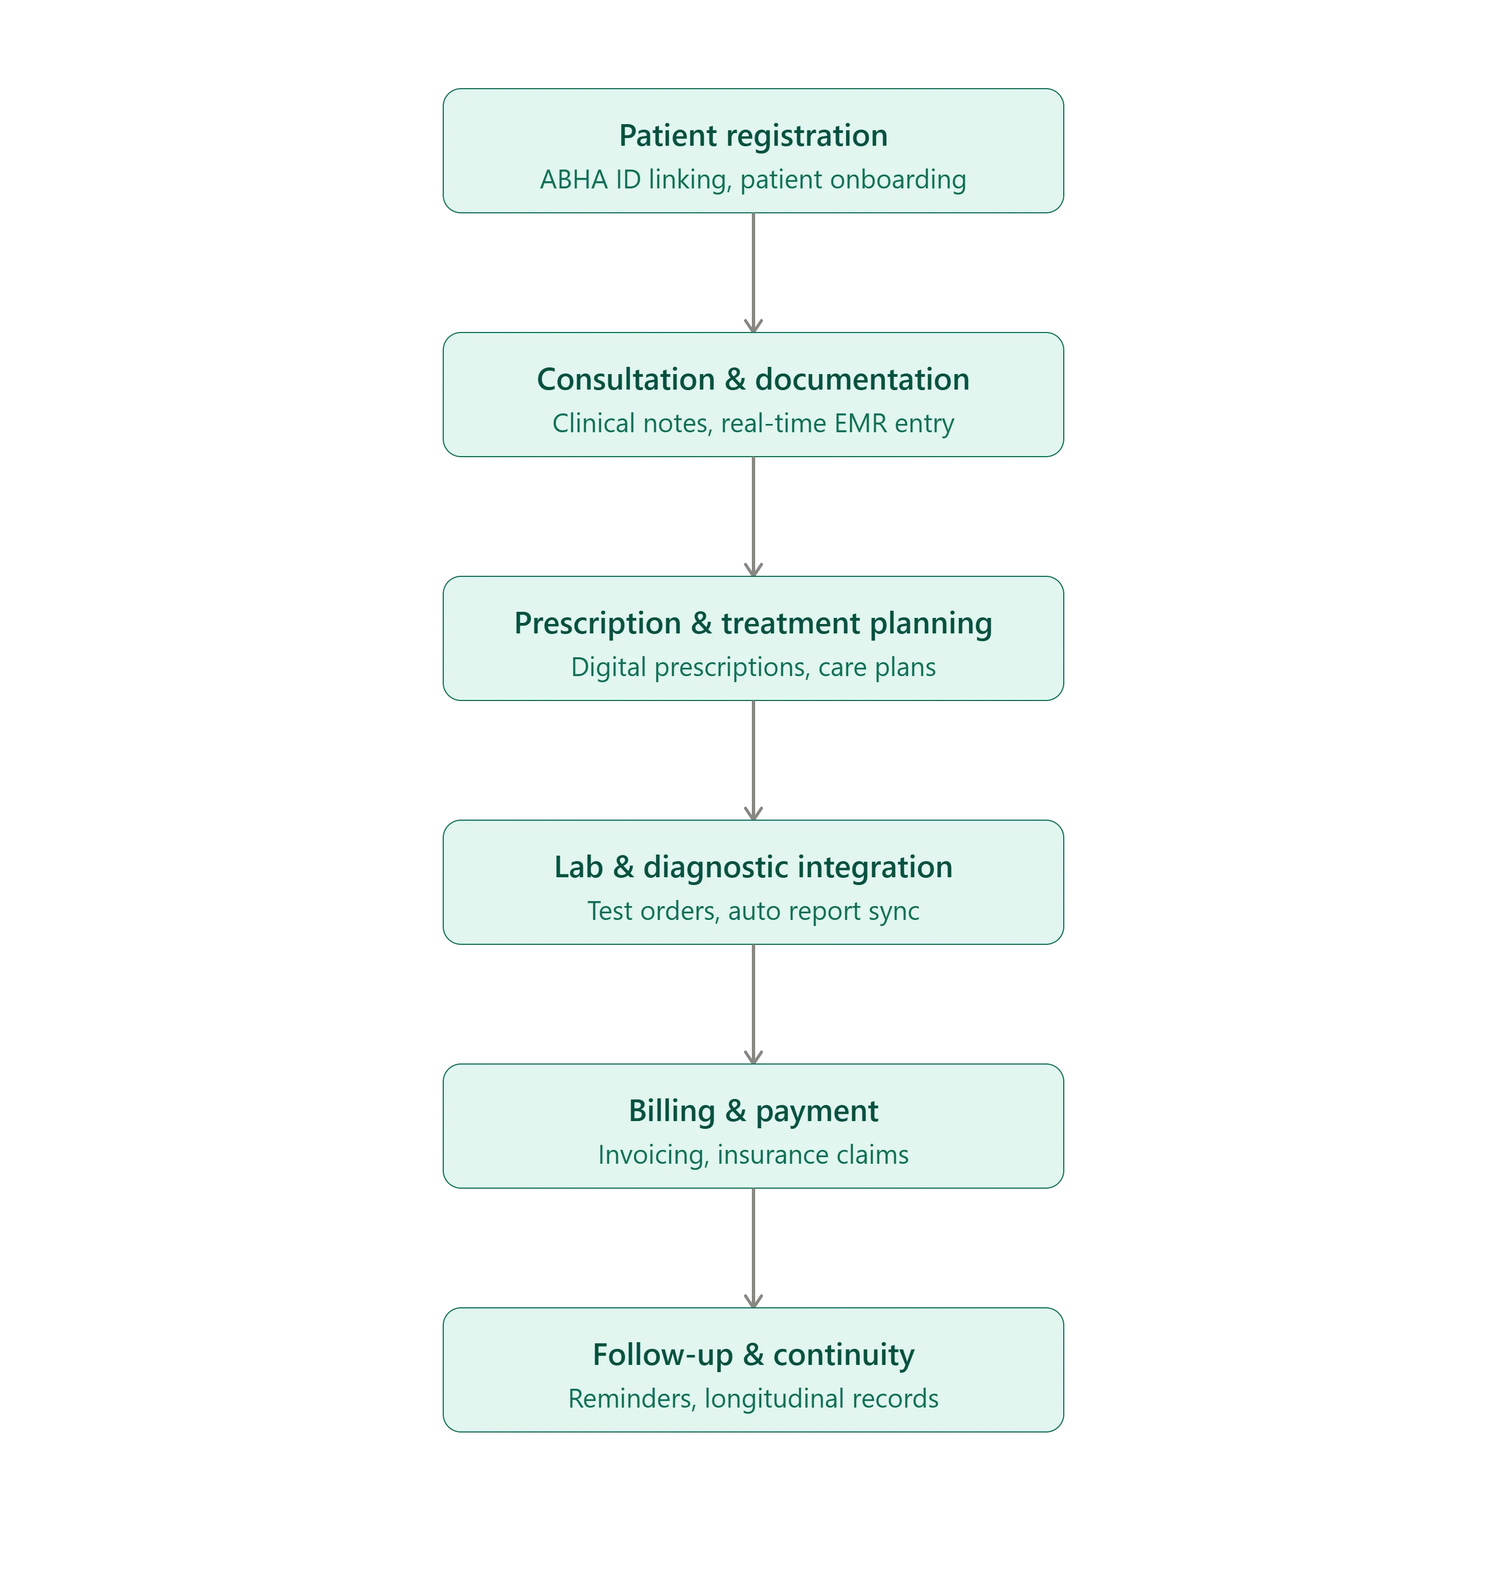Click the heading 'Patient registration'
pos(753,136)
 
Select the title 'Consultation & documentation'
pos(753,379)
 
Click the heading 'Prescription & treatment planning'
pos(753,623)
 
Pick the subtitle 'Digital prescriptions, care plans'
pos(753,667)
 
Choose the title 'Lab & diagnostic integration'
pos(753,867)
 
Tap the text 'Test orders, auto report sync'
pos(753,910)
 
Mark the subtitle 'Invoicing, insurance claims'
pos(753,1155)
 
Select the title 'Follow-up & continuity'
pos(753,1355)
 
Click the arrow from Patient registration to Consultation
pos(753,273)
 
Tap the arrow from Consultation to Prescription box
pos(753,516)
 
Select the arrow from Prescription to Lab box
pos(753,760)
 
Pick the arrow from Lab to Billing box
pos(753,1005)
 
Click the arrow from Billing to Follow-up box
pos(753,1248)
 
